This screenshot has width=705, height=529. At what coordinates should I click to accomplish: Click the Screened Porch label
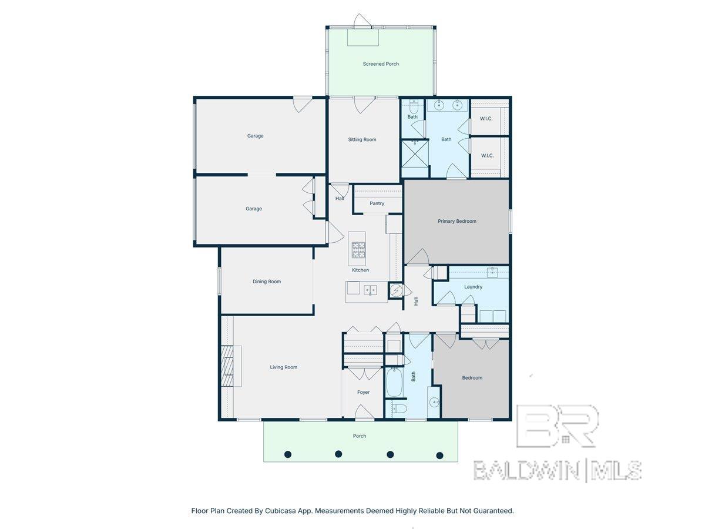(381, 64)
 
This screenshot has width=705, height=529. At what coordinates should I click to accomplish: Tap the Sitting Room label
(362, 139)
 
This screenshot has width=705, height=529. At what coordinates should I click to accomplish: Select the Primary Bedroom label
(456, 221)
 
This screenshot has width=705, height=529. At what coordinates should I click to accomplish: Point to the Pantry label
(377, 203)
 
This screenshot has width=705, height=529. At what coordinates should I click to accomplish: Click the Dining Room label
(267, 282)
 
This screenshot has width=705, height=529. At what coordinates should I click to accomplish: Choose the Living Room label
(284, 367)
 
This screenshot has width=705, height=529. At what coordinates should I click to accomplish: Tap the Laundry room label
(473, 287)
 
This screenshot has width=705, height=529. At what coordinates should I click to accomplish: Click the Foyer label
(363, 392)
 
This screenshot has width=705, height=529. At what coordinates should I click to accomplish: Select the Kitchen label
(360, 270)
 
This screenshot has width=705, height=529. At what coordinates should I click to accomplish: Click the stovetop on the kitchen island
(359, 250)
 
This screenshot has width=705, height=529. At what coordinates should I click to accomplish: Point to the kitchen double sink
(370, 290)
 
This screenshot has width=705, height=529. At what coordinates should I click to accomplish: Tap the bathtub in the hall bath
(394, 383)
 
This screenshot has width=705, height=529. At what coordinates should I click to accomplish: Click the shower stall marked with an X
(415, 153)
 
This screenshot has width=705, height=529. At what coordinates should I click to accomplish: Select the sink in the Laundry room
(492, 272)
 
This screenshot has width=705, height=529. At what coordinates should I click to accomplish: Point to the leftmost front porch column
(288, 454)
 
